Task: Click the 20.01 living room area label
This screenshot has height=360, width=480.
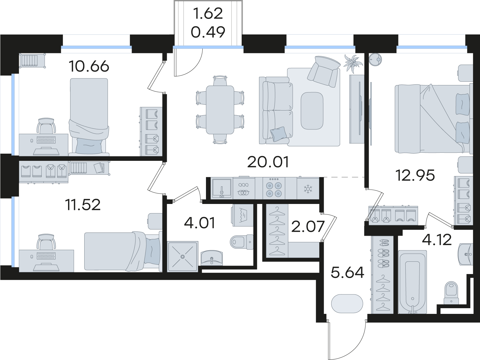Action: pos(268,162)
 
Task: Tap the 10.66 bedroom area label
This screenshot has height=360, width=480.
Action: pos(89,66)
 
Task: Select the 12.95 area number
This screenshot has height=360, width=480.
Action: pos(415,175)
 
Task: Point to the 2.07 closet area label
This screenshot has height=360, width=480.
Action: pos(308,226)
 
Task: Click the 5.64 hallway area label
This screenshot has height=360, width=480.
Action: pos(347,273)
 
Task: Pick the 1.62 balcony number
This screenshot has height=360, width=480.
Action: pos(208,13)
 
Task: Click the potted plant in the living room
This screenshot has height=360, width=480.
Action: pos(353,63)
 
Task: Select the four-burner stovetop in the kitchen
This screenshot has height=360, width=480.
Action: pos(273,190)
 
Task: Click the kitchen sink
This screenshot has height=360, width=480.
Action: pos(222,188)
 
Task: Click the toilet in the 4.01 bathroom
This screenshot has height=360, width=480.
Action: pos(242,242)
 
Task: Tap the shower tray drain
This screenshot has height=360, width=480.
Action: pos(183,256)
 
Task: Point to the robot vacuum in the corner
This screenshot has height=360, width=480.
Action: pos(375,59)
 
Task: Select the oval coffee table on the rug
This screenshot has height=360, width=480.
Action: pos(312,111)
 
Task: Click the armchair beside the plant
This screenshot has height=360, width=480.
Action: pos(324,71)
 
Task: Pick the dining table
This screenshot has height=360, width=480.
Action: pos(220,110)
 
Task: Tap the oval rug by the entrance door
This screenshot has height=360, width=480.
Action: pos(347,304)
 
